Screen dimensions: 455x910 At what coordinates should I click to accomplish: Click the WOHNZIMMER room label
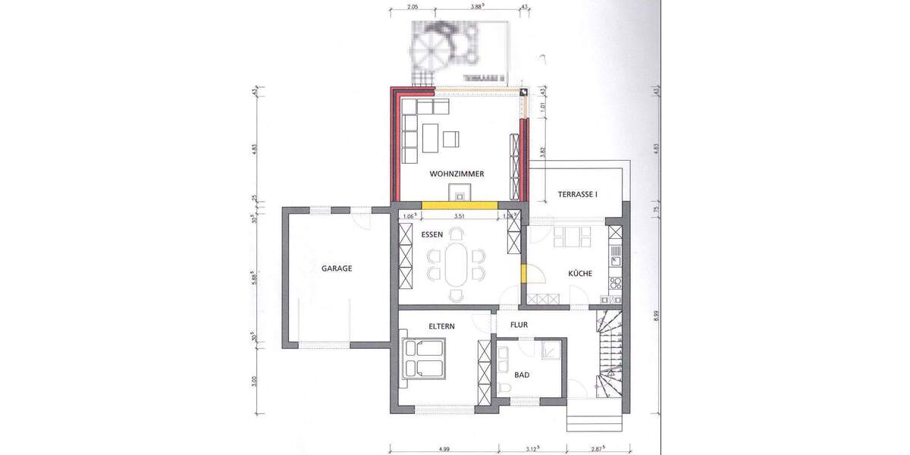click(457, 174)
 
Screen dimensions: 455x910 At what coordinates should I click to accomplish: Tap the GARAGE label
click(336, 268)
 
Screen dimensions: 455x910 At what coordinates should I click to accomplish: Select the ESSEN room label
click(432, 234)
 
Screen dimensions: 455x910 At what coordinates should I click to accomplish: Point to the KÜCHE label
click(580, 274)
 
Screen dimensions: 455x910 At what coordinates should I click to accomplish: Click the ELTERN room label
click(441, 326)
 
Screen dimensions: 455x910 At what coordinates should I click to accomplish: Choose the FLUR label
click(519, 325)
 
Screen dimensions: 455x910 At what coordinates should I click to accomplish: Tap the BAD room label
click(522, 375)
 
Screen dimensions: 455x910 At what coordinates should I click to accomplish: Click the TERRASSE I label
click(578, 195)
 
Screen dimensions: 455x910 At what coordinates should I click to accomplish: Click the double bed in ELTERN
click(424, 359)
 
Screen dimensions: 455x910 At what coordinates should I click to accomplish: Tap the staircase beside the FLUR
click(610, 353)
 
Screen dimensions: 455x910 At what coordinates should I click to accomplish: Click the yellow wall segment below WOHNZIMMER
click(460, 205)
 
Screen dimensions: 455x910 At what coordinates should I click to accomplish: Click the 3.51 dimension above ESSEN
click(459, 216)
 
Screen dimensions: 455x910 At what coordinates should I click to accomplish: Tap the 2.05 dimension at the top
click(413, 7)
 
